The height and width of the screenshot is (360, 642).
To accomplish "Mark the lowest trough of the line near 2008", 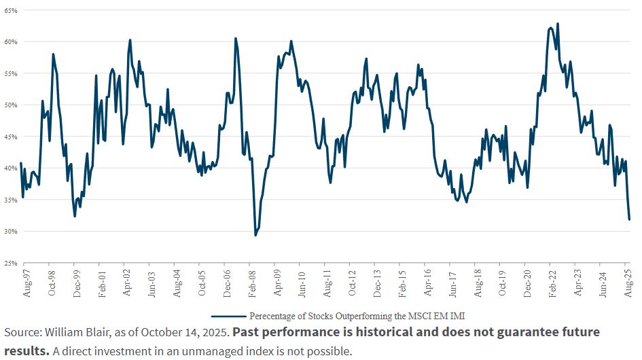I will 255,235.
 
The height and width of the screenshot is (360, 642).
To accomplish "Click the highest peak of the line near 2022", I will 558,24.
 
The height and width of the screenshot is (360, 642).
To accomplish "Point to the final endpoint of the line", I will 629,219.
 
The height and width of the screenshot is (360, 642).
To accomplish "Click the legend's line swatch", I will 228,316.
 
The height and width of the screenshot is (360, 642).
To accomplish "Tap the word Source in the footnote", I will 21,332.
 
